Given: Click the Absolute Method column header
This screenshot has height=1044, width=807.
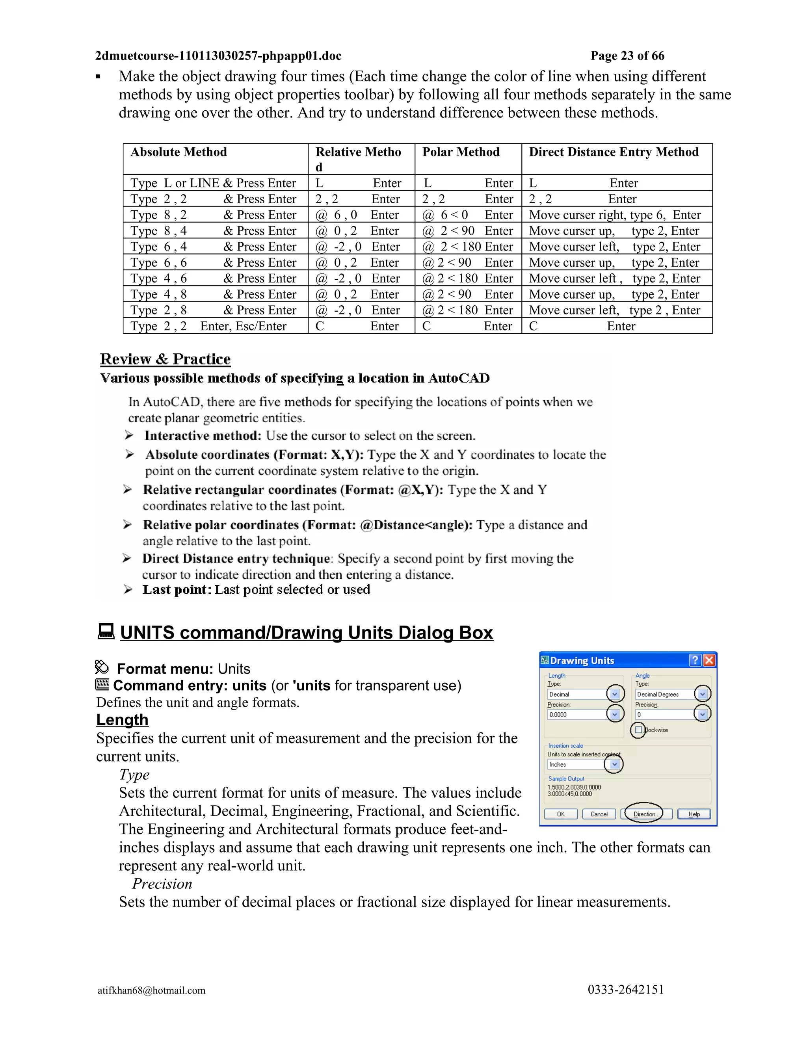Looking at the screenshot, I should [x=179, y=152].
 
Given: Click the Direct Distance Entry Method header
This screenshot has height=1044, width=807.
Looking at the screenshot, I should [x=614, y=152].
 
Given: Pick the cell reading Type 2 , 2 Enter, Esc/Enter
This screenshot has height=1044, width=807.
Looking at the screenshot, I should [x=208, y=326].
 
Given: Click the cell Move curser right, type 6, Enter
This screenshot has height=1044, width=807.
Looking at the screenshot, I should [x=614, y=215].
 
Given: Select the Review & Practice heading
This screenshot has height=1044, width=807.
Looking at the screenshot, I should [x=165, y=359].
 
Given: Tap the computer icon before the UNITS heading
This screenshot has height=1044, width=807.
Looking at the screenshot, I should [x=106, y=631].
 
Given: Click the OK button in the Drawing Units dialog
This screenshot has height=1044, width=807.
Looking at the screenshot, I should [x=560, y=814].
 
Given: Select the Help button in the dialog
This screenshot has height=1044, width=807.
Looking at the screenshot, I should [x=694, y=814].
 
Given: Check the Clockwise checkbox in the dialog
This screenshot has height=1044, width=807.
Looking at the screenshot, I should [x=639, y=730].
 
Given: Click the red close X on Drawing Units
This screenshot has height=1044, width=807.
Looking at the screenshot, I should [x=709, y=660].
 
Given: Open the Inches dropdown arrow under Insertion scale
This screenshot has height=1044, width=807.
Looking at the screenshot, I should [x=614, y=764].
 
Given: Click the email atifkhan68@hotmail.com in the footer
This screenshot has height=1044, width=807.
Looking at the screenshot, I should [x=152, y=990].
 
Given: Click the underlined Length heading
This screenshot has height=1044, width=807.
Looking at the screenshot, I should [x=123, y=719].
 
